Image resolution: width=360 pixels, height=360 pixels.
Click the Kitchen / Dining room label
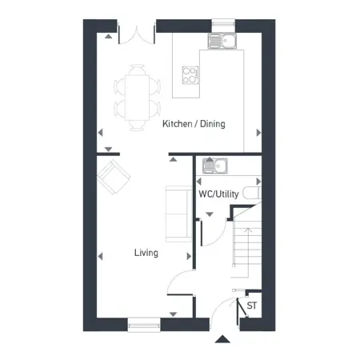[194, 124]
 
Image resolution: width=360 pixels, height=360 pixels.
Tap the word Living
[146, 253]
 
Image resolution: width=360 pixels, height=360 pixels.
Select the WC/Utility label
[218, 194]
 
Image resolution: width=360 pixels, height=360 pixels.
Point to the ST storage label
[252, 306]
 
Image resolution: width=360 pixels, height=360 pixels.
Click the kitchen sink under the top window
[222, 41]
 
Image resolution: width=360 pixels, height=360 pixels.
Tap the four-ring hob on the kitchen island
[190, 75]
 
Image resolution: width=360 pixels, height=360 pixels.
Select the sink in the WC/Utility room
[215, 166]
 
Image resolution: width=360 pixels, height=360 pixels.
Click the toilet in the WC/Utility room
[252, 193]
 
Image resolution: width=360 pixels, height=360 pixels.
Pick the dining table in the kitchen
[138, 98]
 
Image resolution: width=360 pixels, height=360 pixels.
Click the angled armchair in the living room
[114, 177]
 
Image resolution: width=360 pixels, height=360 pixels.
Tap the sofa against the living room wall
[179, 214]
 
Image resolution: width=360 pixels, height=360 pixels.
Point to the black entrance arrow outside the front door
[222, 339]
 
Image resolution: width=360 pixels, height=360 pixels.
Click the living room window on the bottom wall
[144, 325]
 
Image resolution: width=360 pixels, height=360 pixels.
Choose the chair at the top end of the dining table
[138, 70]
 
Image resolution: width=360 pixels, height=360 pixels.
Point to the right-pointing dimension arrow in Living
[189, 256]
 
